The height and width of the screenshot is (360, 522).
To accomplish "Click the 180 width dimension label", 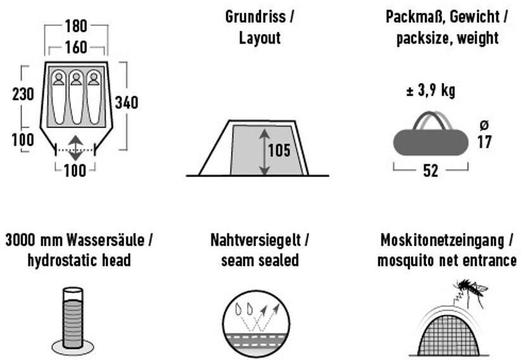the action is [x=76, y=27].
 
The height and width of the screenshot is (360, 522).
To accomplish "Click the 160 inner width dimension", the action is [x=76, y=48].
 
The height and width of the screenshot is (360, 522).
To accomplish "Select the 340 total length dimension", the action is [x=126, y=103].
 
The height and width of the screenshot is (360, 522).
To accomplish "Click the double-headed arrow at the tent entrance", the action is [x=75, y=148].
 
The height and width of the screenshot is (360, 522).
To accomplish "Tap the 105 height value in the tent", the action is [x=279, y=151].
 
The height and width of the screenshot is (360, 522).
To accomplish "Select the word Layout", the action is [x=260, y=38].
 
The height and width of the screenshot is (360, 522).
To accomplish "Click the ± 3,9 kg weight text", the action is [x=430, y=91].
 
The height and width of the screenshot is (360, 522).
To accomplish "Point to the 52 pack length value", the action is [x=430, y=171].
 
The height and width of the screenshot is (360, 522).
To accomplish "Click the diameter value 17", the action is [x=485, y=142].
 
